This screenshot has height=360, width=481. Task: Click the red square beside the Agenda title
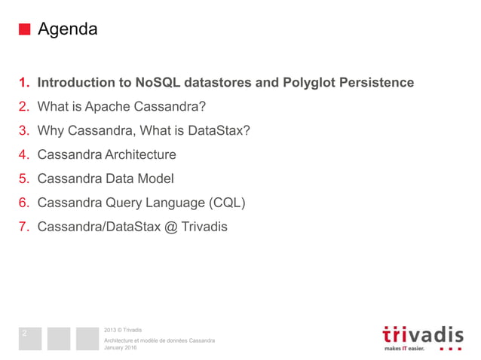tap(25, 30)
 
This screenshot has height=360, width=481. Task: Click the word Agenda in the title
tap(67, 30)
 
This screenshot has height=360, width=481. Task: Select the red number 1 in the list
tap(23, 82)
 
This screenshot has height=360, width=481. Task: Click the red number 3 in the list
tap(23, 130)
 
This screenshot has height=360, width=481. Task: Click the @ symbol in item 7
tap(170, 227)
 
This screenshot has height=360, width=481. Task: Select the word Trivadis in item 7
tap(204, 227)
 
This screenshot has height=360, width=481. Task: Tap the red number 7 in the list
tap(23, 227)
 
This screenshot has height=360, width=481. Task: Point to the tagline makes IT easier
tap(404, 349)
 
